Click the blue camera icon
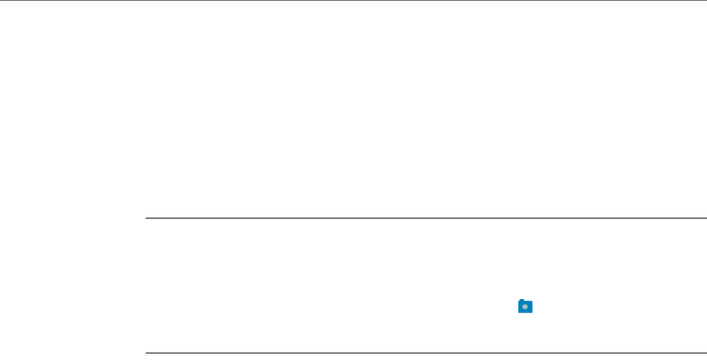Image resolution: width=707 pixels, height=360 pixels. [524, 306]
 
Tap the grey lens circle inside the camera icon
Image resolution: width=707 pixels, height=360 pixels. [524, 307]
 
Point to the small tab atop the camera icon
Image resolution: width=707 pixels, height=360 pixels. [521, 301]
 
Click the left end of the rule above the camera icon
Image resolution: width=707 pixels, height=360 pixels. [145, 218]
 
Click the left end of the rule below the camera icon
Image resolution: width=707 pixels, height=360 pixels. [145, 353]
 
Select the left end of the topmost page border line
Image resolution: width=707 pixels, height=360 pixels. [1, 1]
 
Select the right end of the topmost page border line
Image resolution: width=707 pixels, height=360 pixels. [706, 1]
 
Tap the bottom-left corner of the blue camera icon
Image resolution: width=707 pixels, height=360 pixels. [519, 312]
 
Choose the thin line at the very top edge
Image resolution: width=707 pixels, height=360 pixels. [353, 1]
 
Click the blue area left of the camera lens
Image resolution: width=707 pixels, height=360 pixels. [520, 307]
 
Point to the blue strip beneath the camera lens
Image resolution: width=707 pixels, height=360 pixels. [524, 312]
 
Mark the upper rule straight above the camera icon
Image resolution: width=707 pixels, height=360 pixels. [524, 218]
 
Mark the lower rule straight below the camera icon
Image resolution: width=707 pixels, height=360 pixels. [524, 353]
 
